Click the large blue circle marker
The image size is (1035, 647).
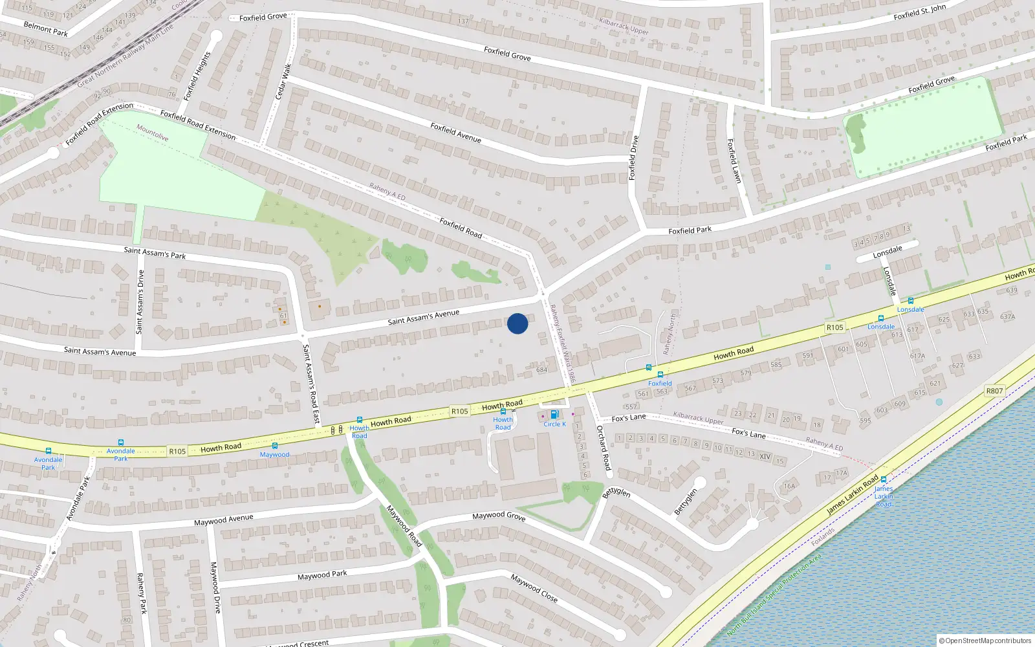pos(517,323)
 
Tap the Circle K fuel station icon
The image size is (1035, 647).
pos(554,415)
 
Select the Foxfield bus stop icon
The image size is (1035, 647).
pos(660,375)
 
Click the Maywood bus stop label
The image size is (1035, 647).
pos(274,454)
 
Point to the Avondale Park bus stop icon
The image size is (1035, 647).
pos(48,451)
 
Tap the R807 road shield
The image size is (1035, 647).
pos(994,391)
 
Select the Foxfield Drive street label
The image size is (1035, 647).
pos(633,158)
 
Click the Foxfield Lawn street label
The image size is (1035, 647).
pos(734,161)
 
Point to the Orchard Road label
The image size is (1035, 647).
pos(604,448)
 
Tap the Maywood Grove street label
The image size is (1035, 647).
pos(499,516)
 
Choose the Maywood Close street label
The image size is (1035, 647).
pos(534,587)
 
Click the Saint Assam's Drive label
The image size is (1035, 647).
pos(140,302)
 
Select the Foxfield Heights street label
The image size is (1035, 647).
pos(197,76)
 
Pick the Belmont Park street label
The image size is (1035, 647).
pos(45,28)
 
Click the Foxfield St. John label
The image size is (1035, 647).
pos(919,12)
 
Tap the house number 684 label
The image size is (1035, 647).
pos(541,370)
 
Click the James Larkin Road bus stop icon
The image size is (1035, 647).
pos(884,479)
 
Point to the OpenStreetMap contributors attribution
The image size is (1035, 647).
pos(985,641)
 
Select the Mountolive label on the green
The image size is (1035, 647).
pos(152,133)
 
